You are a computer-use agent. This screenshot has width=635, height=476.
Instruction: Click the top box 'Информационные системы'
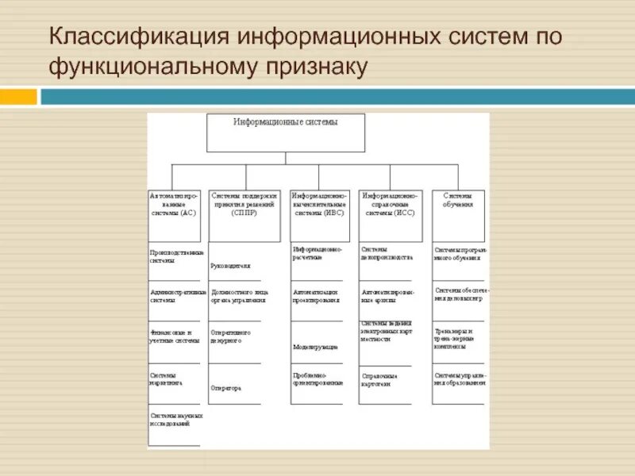(286, 132)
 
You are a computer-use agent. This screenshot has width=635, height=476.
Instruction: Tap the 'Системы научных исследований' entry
(175, 418)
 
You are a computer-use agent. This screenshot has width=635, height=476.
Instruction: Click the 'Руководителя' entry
(231, 267)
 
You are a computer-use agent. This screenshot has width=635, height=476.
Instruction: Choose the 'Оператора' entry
(227, 388)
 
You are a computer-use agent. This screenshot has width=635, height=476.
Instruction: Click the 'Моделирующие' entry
(316, 347)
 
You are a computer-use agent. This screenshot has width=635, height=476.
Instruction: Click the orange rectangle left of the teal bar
(18, 96)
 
